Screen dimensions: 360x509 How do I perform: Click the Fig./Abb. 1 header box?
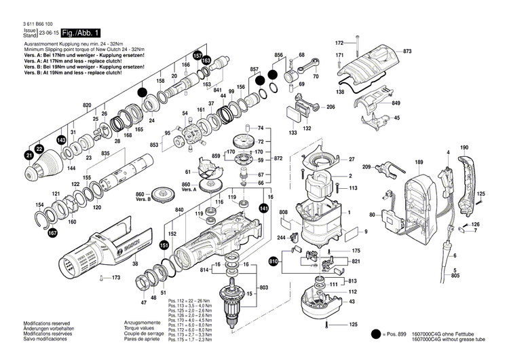coord(81,33)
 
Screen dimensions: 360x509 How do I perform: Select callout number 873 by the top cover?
coord(407,52)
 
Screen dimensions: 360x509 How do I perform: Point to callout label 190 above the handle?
coord(464,147)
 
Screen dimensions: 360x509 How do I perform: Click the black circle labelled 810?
coord(274,261)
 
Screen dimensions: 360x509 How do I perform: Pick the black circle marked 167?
coord(52,234)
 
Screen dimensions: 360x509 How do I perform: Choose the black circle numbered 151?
coord(164,245)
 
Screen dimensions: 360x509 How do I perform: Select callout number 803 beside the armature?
coord(265,289)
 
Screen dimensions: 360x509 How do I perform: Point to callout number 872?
coord(278,158)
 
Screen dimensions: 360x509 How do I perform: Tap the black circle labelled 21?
coord(29,156)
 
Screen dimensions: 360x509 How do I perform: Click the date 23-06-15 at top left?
coord(48,33)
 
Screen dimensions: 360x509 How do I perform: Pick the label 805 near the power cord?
coord(455,276)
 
